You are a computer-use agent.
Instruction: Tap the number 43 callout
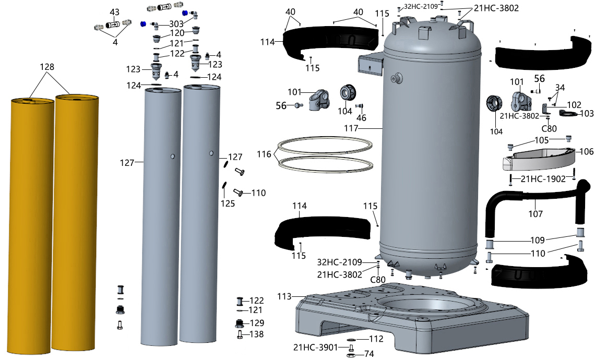pyautogui.click(x=114, y=12)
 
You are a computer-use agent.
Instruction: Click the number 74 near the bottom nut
pyautogui.click(x=369, y=354)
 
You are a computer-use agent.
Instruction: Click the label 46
pyautogui.click(x=361, y=118)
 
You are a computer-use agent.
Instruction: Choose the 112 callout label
pyautogui.click(x=375, y=339)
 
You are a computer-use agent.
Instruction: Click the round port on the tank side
pyautogui.click(x=398, y=78)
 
